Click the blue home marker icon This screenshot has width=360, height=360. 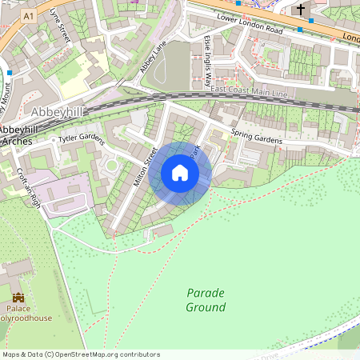pyautogui.click(x=180, y=173)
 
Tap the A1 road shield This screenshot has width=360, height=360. pyautogui.click(x=29, y=16)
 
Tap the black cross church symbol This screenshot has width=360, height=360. pyautogui.click(x=302, y=10)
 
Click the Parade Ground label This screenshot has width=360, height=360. pyautogui.click(x=206, y=300)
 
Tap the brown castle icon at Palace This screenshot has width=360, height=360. pyautogui.click(x=18, y=297)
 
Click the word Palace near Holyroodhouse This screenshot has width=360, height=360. pyautogui.click(x=18, y=308)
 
